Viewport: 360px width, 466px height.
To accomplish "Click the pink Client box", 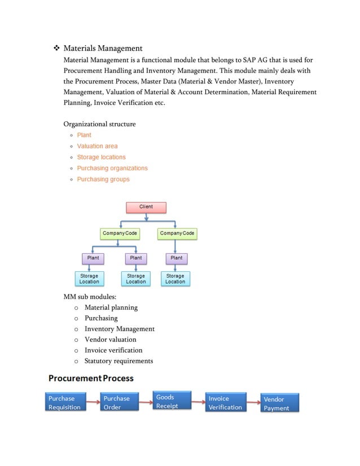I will pyautogui.click(x=146, y=207).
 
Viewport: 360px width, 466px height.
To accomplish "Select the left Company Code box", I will pyautogui.click(x=120, y=233).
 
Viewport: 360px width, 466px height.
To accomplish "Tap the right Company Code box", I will pyautogui.click(x=177, y=233).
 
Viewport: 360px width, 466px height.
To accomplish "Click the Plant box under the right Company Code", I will pyautogui.click(x=177, y=258).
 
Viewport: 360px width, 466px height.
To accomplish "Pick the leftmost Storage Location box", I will pyautogui.click(x=89, y=279).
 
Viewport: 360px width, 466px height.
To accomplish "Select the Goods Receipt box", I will pyautogui.click(x=172, y=401).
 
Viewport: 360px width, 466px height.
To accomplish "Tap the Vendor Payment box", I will pyautogui.click(x=280, y=403).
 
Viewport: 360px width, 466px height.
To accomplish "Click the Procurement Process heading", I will pyautogui.click(x=91, y=377).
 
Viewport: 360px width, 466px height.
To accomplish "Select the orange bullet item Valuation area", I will pyautogui.click(x=97, y=146).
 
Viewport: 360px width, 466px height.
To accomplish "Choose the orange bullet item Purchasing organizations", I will pyautogui.click(x=112, y=168).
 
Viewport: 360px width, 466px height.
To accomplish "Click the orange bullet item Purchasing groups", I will pyautogui.click(x=103, y=179).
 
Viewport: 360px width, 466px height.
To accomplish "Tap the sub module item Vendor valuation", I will pyautogui.click(x=110, y=340).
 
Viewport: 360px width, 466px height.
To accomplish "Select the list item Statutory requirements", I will pyautogui.click(x=118, y=361).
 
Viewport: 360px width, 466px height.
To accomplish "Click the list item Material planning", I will pyautogui.click(x=111, y=307).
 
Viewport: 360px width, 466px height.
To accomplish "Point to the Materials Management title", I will pyautogui.click(x=103, y=49).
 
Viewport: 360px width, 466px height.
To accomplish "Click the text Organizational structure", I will pyautogui.click(x=99, y=124).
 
